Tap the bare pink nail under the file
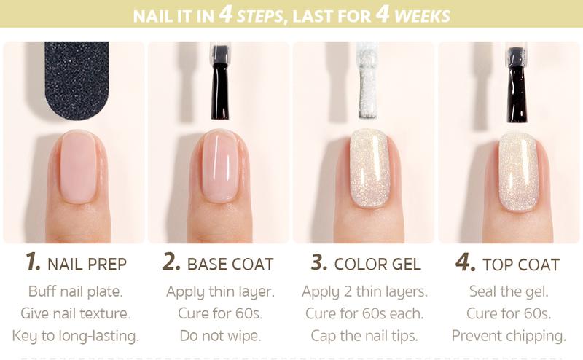[79, 167]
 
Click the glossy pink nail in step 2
[222, 167]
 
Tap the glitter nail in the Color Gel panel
[369, 168]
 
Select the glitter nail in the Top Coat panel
[518, 172]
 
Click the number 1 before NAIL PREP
[32, 261]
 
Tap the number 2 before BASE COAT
[171, 261]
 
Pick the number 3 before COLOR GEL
[319, 261]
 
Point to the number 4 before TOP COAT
[465, 262]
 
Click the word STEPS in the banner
[260, 16]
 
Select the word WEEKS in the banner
[422, 16]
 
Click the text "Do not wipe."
[221, 335]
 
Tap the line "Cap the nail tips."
[364, 336]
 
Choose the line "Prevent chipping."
[509, 336]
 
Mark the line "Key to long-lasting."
[76, 336]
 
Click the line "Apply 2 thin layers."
[365, 291]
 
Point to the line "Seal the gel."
[509, 291]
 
